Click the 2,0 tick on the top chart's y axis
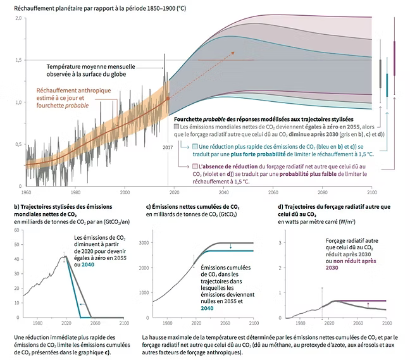[x=19, y=18]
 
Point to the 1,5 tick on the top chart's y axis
[x=19, y=60]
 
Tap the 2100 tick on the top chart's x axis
[x=373, y=192]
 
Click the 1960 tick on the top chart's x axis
[x=27, y=192]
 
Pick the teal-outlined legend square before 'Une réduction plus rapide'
[x=185, y=146]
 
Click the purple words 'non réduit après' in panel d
[x=345, y=261]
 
